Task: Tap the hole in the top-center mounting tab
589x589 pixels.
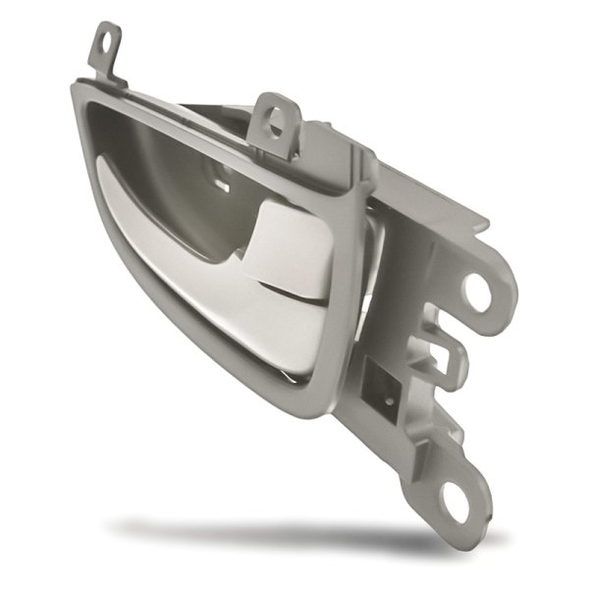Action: (x=275, y=119)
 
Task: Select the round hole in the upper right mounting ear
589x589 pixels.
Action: (x=479, y=292)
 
